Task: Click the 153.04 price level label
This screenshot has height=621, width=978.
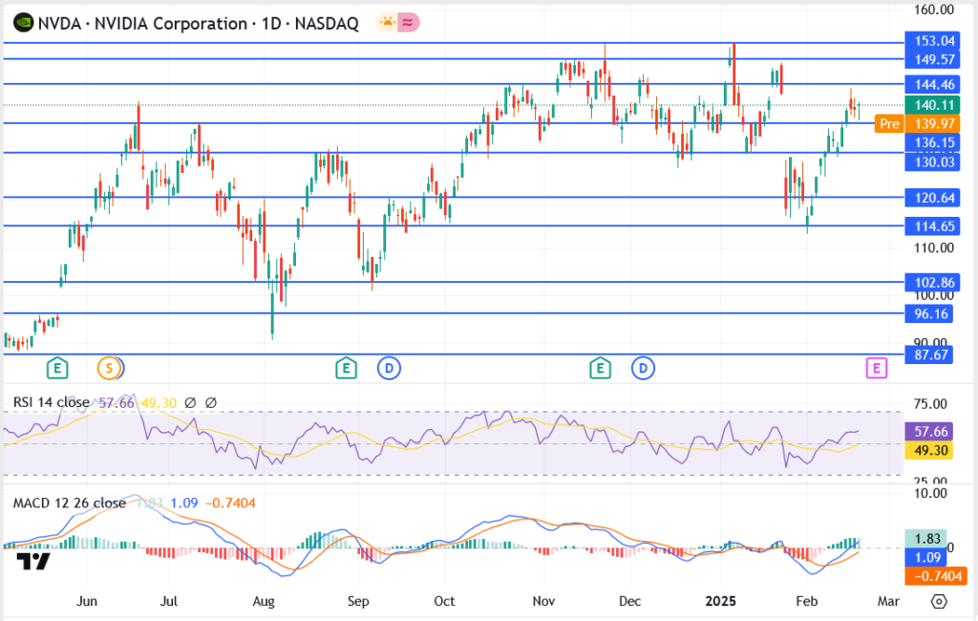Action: tap(934, 41)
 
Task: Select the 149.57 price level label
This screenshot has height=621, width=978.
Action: tap(934, 59)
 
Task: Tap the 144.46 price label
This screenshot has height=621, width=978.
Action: tap(934, 85)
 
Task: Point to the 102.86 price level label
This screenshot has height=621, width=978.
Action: tap(934, 283)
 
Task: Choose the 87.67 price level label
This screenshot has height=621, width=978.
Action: tap(934, 354)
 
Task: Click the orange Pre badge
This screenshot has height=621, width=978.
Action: tap(889, 123)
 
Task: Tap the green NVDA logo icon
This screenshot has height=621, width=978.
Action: tap(21, 23)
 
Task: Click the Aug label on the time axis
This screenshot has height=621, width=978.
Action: tap(264, 601)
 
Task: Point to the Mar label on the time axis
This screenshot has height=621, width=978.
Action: tap(888, 601)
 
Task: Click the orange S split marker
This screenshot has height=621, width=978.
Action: tap(110, 367)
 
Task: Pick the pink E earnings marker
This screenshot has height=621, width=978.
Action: tap(877, 367)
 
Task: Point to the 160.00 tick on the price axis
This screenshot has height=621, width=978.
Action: tap(934, 11)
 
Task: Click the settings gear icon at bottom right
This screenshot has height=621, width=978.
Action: tap(939, 601)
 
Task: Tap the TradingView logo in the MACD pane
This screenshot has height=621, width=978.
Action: tap(33, 562)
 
